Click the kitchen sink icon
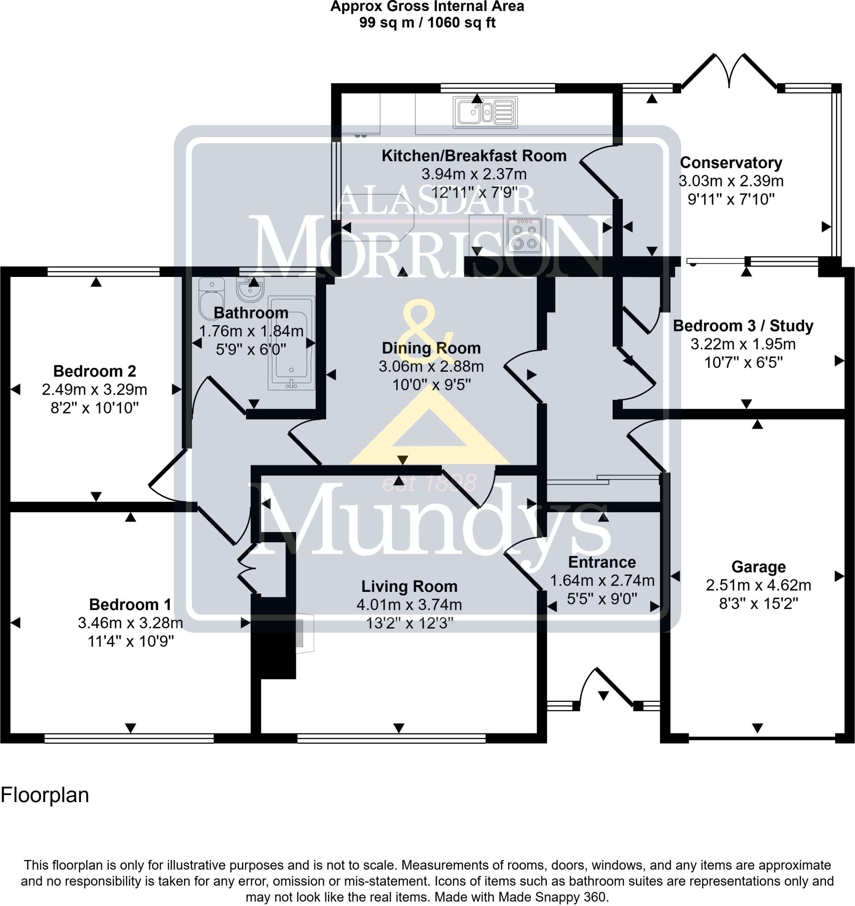485,112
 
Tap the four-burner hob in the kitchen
525,235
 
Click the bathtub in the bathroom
291,343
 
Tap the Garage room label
759,567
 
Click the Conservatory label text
731,162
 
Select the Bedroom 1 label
130,604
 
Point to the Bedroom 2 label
94,371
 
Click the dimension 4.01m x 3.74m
409,605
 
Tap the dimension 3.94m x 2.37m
474,174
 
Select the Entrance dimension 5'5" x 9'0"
602,599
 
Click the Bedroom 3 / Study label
743,326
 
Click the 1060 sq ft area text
461,22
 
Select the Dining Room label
431,348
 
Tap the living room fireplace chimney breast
273,638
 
